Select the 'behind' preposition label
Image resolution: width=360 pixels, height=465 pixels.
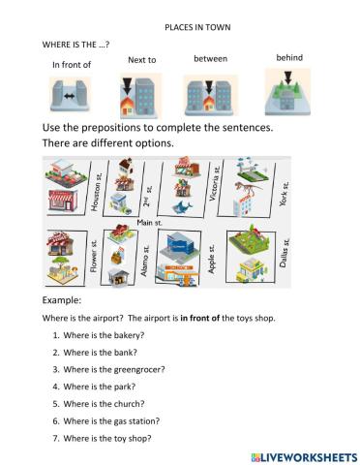click(x=288, y=57)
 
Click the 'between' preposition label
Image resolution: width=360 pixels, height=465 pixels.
click(x=210, y=59)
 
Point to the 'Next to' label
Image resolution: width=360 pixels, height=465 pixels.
click(x=142, y=60)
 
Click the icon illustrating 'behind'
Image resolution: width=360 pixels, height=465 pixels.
click(x=288, y=95)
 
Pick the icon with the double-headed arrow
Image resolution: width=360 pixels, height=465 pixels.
click(x=70, y=98)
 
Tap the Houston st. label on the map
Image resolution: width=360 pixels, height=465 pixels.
click(x=96, y=189)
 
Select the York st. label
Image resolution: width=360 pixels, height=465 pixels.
click(x=285, y=197)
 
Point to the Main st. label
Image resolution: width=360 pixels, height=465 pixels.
click(x=150, y=222)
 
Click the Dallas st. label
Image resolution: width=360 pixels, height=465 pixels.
click(x=284, y=253)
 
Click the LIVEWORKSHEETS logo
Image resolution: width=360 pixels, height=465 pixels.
click(x=299, y=455)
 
